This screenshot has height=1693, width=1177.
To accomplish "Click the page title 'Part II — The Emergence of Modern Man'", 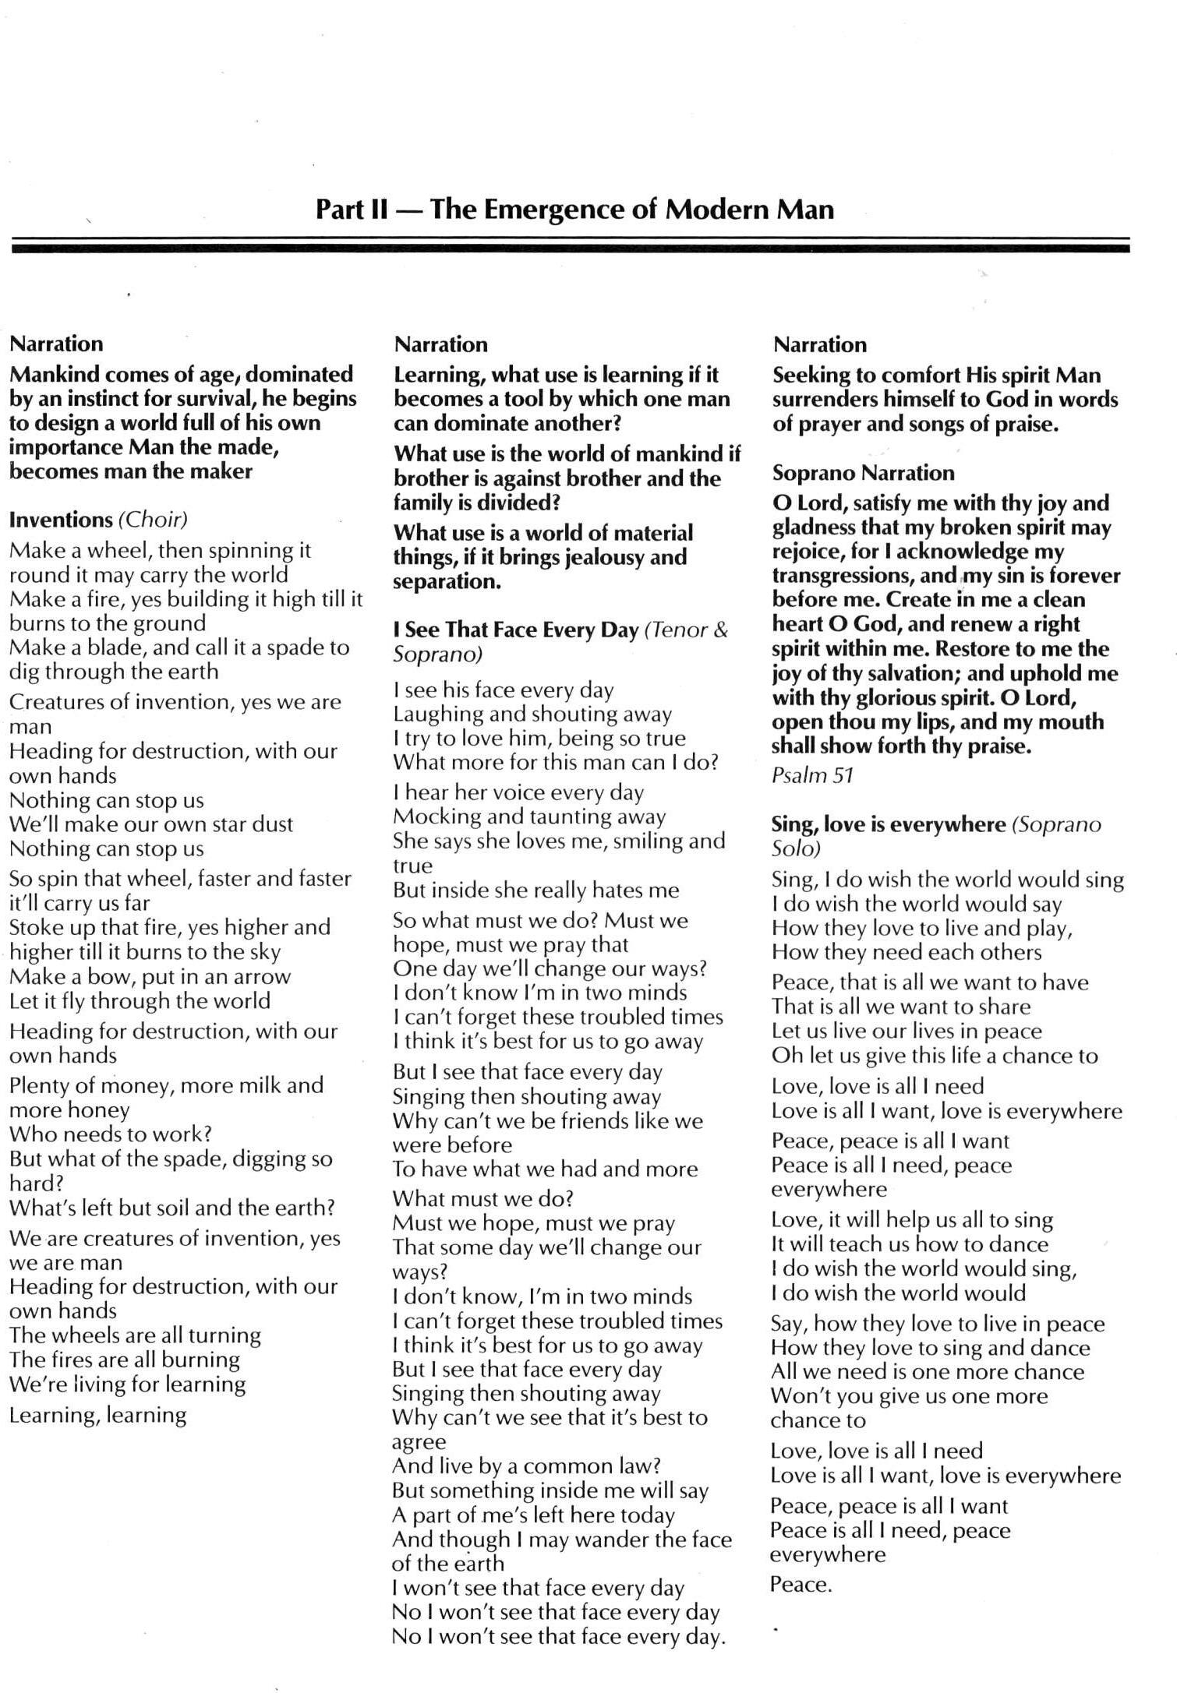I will [x=574, y=209].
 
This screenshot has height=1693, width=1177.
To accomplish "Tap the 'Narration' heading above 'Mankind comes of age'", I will [x=56, y=344].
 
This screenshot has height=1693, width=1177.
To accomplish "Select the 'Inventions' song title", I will [x=61, y=520].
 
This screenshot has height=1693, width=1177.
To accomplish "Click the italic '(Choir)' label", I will [x=153, y=520].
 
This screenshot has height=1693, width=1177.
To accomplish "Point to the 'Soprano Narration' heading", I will [x=863, y=473].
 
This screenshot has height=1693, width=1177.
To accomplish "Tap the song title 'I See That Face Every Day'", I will [x=515, y=630].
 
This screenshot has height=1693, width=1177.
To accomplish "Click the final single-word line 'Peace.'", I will [x=801, y=1584].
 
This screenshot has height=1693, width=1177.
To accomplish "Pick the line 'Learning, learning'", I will [x=98, y=1414].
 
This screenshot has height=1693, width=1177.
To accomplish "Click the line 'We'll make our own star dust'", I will [x=151, y=824].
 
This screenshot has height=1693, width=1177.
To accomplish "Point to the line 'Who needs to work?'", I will [x=111, y=1134].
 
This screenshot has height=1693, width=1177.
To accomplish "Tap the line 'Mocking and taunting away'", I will [x=529, y=816].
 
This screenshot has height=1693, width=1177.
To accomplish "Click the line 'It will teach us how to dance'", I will [x=910, y=1243].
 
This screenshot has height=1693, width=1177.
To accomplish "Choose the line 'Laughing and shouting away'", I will [x=532, y=714].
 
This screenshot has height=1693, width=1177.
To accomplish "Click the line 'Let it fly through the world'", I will [x=140, y=1000].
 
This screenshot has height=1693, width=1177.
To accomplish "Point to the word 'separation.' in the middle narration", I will [x=447, y=581].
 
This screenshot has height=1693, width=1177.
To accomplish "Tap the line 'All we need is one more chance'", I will [x=928, y=1371].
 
